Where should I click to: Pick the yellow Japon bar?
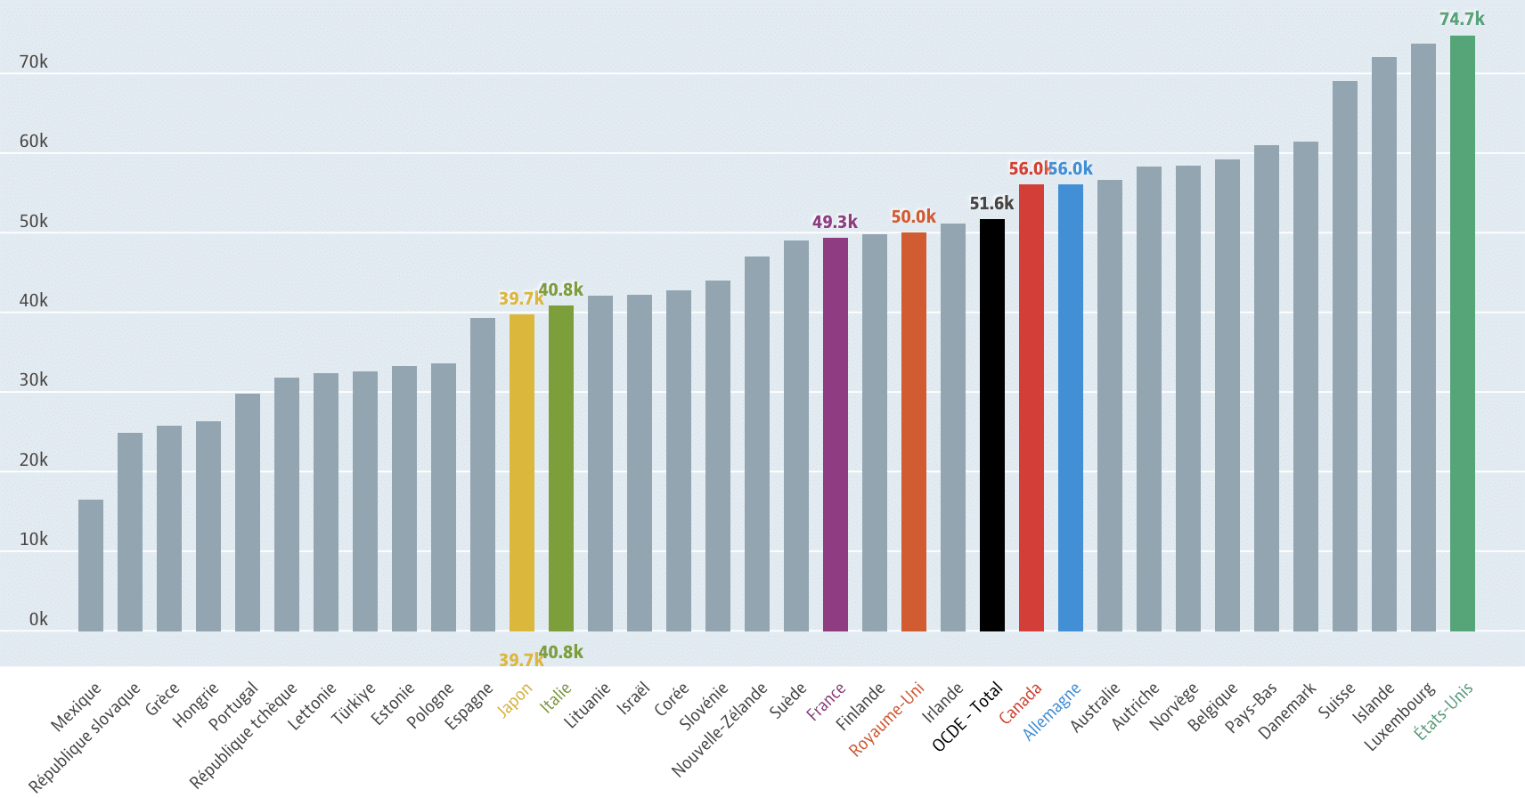521,473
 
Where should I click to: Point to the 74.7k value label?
1462,19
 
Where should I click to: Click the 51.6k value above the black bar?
991,203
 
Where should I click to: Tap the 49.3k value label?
835,222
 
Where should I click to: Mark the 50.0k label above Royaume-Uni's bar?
913,216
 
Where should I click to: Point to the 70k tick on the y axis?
34,61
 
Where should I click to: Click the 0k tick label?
38,619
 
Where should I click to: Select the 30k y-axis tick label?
34,380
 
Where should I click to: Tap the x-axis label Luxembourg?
1400,716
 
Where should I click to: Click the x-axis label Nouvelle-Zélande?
719,729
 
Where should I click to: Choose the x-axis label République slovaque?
85,737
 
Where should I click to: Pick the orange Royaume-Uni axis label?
886,719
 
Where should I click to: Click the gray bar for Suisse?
1344,356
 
